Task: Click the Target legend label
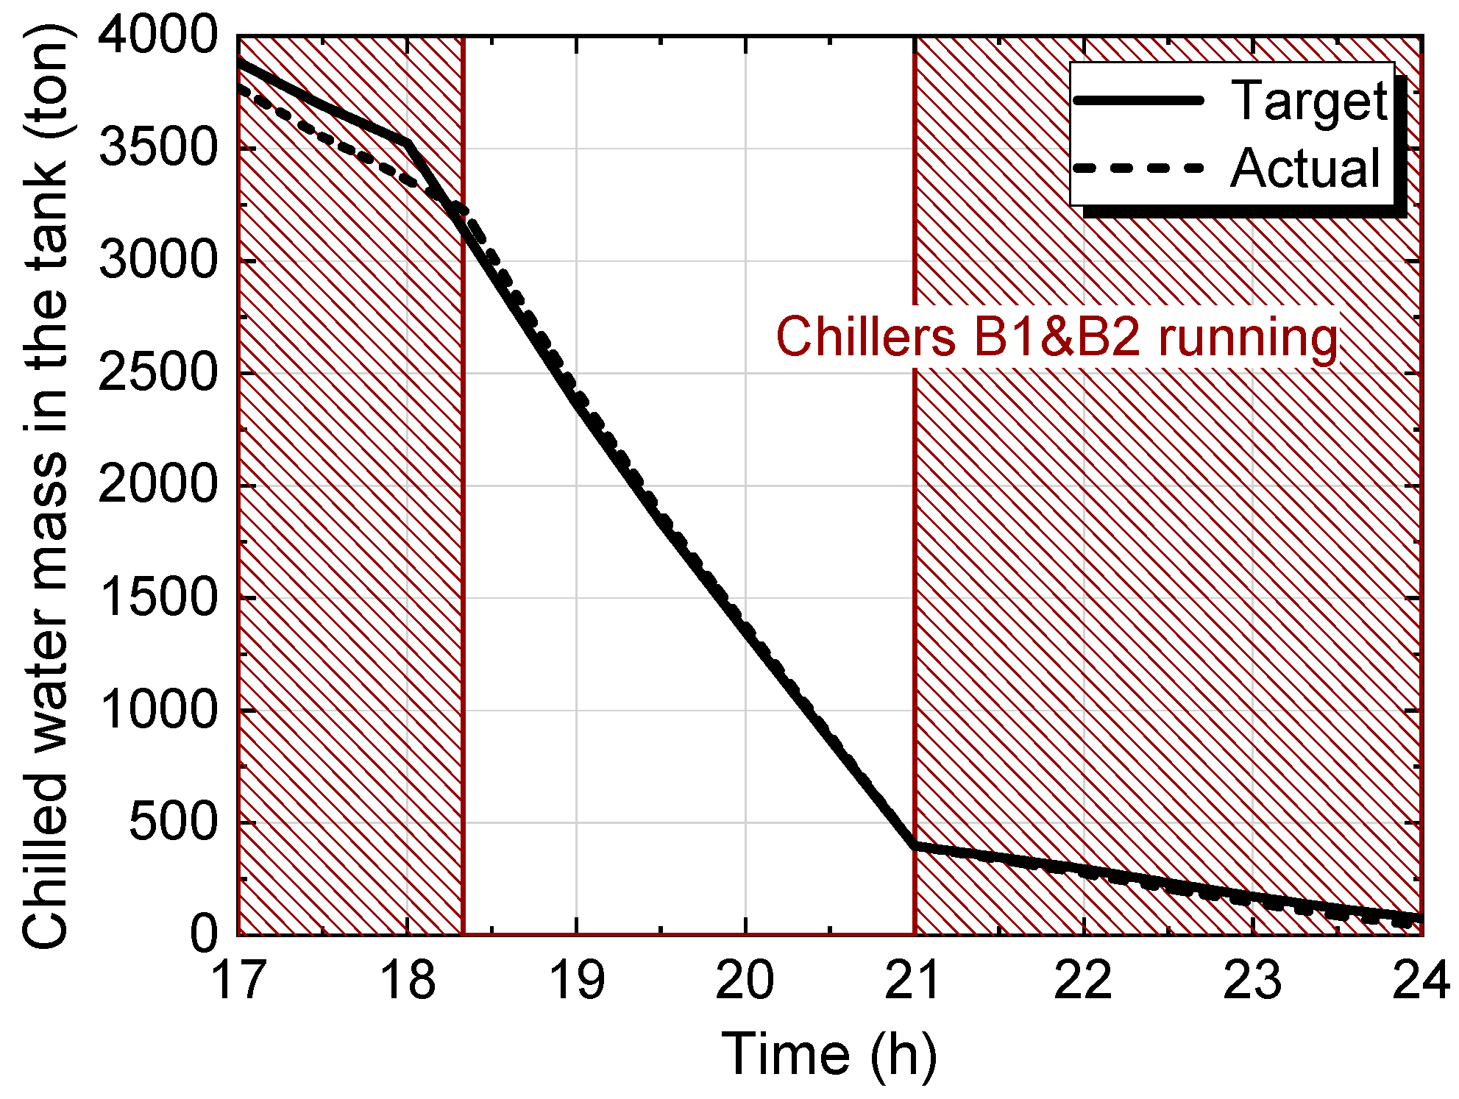pos(1309,101)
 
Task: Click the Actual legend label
pos(1305,168)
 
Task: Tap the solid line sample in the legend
pos(1138,100)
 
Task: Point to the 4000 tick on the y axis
pos(158,35)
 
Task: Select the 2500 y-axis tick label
pos(158,374)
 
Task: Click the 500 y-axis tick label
pos(174,823)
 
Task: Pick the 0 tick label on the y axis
pos(204,935)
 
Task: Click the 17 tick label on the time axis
pos(238,981)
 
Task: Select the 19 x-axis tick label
pos(577,981)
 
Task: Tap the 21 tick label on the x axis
pos(915,981)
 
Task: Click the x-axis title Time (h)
pos(829,1054)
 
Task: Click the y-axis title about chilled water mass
pos(46,486)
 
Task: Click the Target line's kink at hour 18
pos(408,143)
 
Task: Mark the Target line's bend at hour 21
pos(915,846)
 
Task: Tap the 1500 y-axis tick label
pos(158,598)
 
